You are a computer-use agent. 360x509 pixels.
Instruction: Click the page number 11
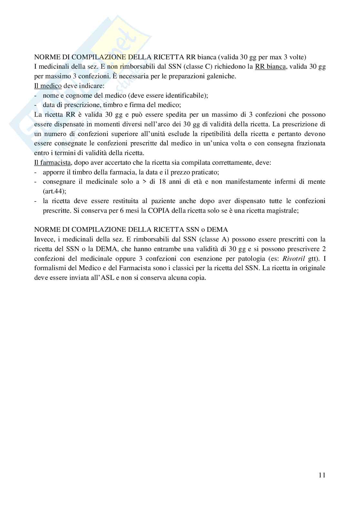point(322,475)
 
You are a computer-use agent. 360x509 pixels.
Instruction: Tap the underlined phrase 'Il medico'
point(48,86)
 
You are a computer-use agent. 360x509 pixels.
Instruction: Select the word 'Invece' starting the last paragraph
point(43,239)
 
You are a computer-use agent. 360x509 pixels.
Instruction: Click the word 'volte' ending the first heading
point(299,57)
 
